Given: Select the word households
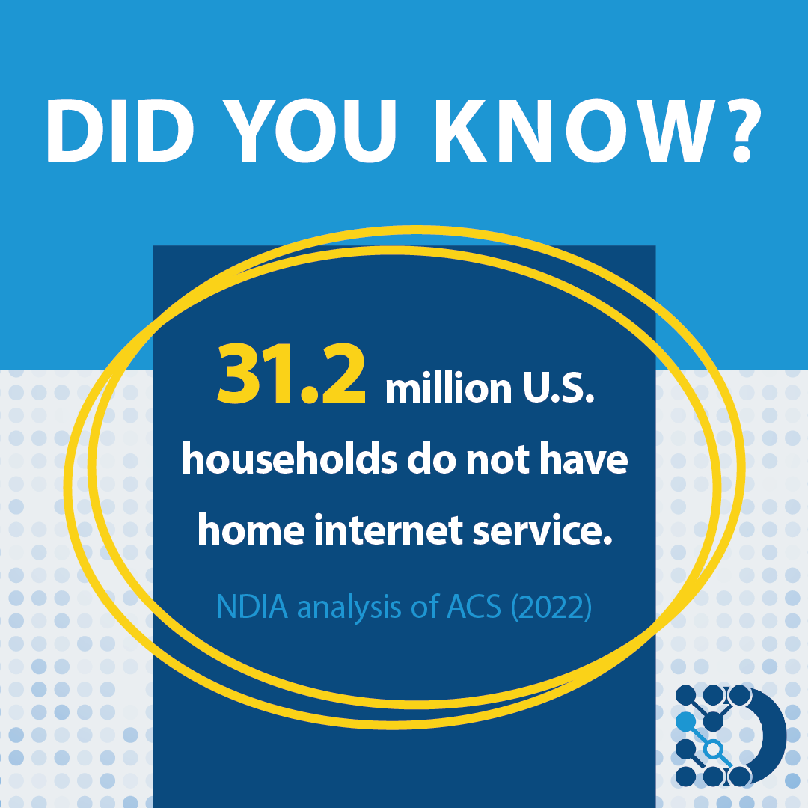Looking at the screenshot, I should (x=289, y=460).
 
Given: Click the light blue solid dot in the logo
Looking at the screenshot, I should (x=685, y=721).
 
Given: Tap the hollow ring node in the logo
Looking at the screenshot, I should (x=714, y=748).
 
